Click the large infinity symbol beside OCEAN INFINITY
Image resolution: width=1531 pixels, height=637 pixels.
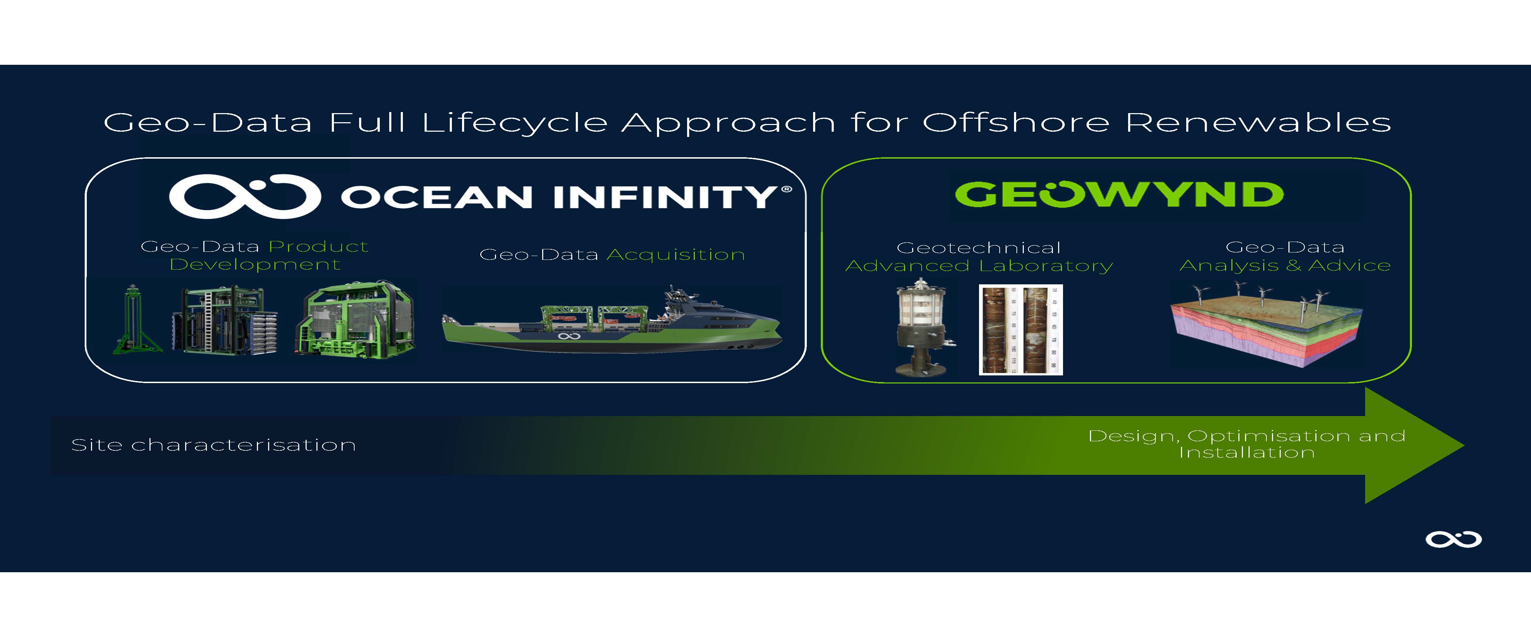tap(245, 196)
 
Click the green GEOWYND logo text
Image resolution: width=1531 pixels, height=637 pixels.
tap(1119, 194)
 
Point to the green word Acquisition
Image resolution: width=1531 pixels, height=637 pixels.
tap(676, 255)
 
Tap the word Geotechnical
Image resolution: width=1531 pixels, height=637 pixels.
tap(978, 248)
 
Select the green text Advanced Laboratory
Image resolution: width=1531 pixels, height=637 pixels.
tap(979, 266)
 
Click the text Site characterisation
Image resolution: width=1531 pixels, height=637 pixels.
tap(214, 445)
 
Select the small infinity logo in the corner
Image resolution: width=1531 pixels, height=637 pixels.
tap(1453, 539)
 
